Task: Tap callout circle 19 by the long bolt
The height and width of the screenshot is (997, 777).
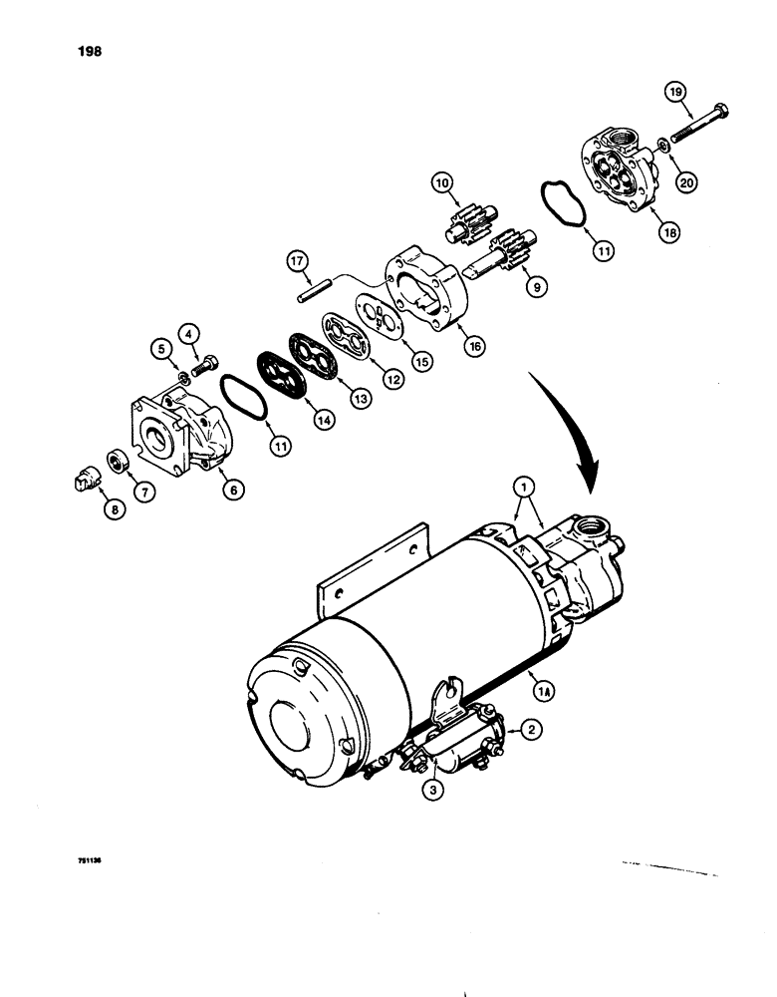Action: [x=678, y=95]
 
